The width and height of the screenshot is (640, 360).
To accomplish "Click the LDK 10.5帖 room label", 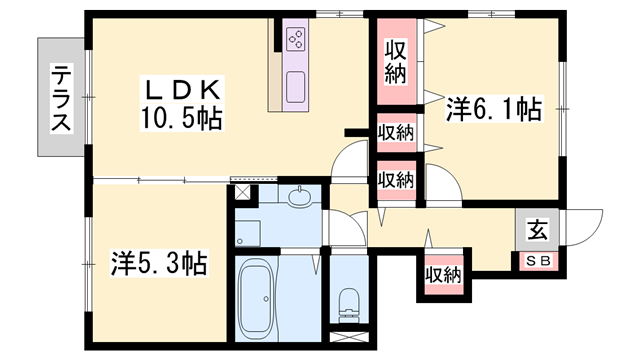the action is point(182,104).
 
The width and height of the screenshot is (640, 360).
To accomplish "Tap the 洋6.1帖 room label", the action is point(494,109).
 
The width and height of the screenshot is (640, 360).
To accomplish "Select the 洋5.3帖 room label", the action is point(159,263).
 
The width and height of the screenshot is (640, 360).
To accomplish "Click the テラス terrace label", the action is point(61,98).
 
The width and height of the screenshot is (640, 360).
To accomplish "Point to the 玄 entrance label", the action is point(538,230).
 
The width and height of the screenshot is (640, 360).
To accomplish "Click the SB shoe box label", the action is point(538,260).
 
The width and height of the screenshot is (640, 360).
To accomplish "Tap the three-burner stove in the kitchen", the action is point(296,39).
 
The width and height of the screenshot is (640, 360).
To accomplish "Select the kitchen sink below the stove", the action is point(295,87).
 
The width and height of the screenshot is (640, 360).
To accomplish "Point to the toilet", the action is point(349,305).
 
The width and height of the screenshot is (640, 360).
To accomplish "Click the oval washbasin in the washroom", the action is point(300,197).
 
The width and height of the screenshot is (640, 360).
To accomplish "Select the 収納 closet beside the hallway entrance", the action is point(444,274).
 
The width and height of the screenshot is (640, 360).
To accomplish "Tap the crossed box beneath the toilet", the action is point(349,337).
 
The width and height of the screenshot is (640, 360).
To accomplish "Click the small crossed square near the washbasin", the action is point(244,192).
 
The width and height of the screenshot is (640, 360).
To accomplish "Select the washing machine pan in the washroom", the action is point(248,233).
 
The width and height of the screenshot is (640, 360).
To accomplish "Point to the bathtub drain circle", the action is point(266,299).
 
